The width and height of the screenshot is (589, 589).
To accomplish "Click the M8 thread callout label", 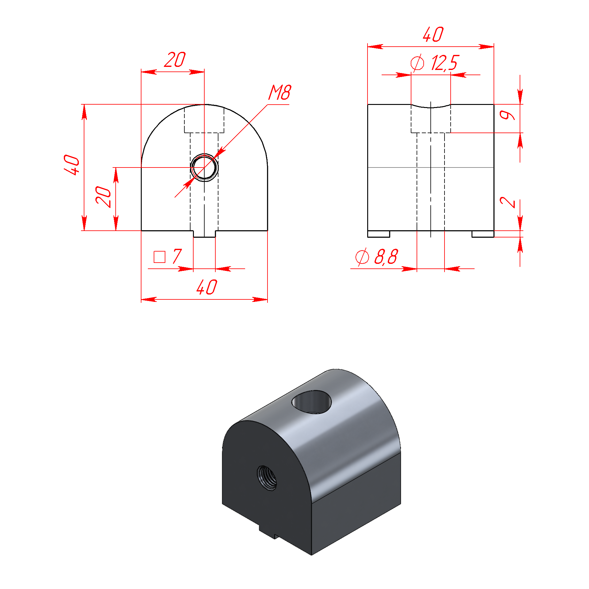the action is (x=279, y=92).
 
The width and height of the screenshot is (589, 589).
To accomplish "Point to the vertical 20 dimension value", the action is (x=103, y=196).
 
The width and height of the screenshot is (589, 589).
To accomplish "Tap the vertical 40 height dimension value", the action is (x=71, y=165).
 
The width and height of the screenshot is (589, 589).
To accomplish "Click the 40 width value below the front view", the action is (x=207, y=287).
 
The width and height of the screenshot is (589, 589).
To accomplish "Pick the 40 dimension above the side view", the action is (x=433, y=34).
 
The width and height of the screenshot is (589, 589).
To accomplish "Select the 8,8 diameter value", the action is (x=386, y=256).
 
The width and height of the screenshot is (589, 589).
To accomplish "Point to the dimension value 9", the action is (x=507, y=115).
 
